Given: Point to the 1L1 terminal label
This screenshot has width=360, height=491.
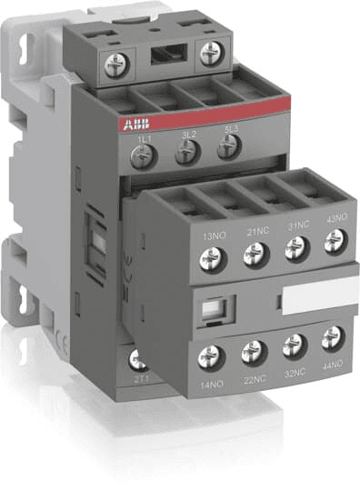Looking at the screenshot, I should point(141,136).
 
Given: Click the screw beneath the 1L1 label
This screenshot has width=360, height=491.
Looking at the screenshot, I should point(142,157).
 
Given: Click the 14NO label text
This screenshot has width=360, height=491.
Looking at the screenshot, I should point(212,386).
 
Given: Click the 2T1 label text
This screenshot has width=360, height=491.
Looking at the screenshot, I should point(141,376).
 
